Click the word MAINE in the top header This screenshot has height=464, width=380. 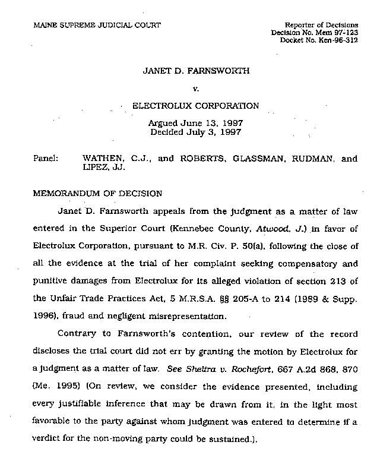[x=43, y=24]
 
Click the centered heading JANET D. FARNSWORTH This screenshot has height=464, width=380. [x=196, y=71]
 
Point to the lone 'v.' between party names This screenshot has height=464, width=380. [x=196, y=89]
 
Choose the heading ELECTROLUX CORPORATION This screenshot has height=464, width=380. [x=195, y=106]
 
